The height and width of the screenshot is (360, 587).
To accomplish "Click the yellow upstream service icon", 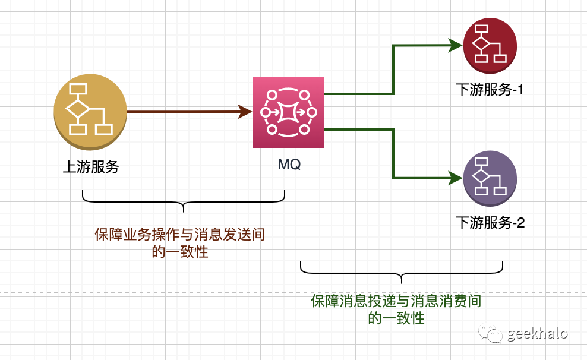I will tap(90, 111).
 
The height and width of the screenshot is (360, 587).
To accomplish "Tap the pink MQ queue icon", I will tap(288, 112).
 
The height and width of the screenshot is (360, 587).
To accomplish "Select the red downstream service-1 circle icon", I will tap(490, 45).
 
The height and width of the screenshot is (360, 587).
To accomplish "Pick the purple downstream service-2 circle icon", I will tap(490, 178).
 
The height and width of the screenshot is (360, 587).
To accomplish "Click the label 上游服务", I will tap(91, 167).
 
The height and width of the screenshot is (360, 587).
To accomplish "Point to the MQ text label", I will tap(289, 165).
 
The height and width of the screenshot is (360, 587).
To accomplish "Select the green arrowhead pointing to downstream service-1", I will tap(456, 45).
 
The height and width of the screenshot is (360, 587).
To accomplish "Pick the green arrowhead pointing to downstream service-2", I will tap(456, 178).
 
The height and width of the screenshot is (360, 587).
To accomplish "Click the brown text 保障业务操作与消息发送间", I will tap(179, 235).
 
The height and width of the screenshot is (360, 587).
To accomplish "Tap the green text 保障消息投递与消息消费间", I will tap(396, 301).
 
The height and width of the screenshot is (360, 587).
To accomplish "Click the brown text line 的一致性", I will tap(179, 252).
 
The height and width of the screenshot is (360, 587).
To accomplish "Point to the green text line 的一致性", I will tap(396, 318).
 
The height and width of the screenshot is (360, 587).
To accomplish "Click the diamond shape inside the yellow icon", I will tap(78, 109).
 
